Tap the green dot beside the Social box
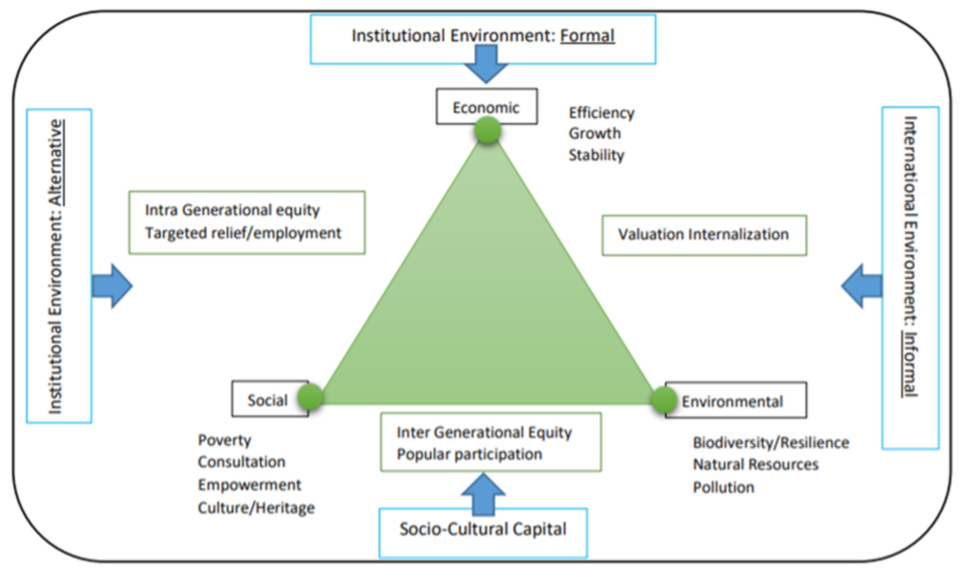click(310, 397)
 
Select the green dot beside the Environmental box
click(664, 400)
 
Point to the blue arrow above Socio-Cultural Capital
click(483, 494)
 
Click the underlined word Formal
click(587, 36)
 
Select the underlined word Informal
click(910, 364)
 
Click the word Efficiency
click(601, 113)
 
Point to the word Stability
click(596, 155)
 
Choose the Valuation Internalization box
click(704, 235)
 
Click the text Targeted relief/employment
click(243, 233)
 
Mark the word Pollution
click(723, 487)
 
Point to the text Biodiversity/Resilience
click(771, 442)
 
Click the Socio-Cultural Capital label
click(483, 529)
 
